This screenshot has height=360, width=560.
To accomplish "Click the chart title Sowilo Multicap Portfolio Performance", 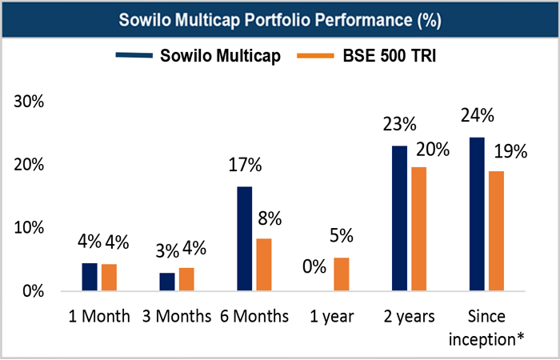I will (279, 19).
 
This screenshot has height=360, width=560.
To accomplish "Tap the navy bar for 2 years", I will (398, 218).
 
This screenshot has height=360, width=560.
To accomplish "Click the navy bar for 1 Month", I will (90, 276).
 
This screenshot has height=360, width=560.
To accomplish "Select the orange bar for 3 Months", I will (186, 278).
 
